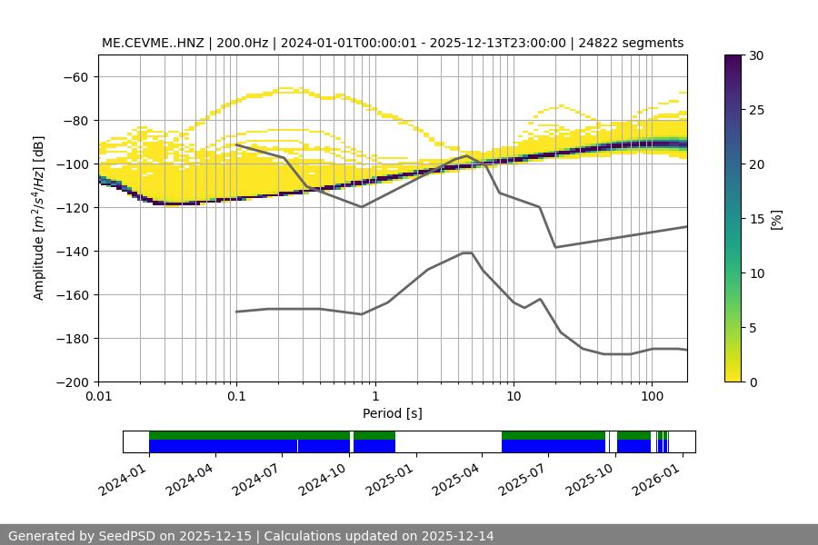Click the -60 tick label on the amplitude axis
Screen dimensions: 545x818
coord(75,76)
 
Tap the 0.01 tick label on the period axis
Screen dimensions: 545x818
coord(98,397)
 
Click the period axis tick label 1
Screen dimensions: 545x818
coord(375,397)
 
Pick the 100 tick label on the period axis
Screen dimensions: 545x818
coord(651,397)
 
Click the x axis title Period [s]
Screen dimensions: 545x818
coord(392,413)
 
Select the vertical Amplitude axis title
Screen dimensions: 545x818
coord(38,218)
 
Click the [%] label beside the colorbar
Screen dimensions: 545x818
coord(775,219)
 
